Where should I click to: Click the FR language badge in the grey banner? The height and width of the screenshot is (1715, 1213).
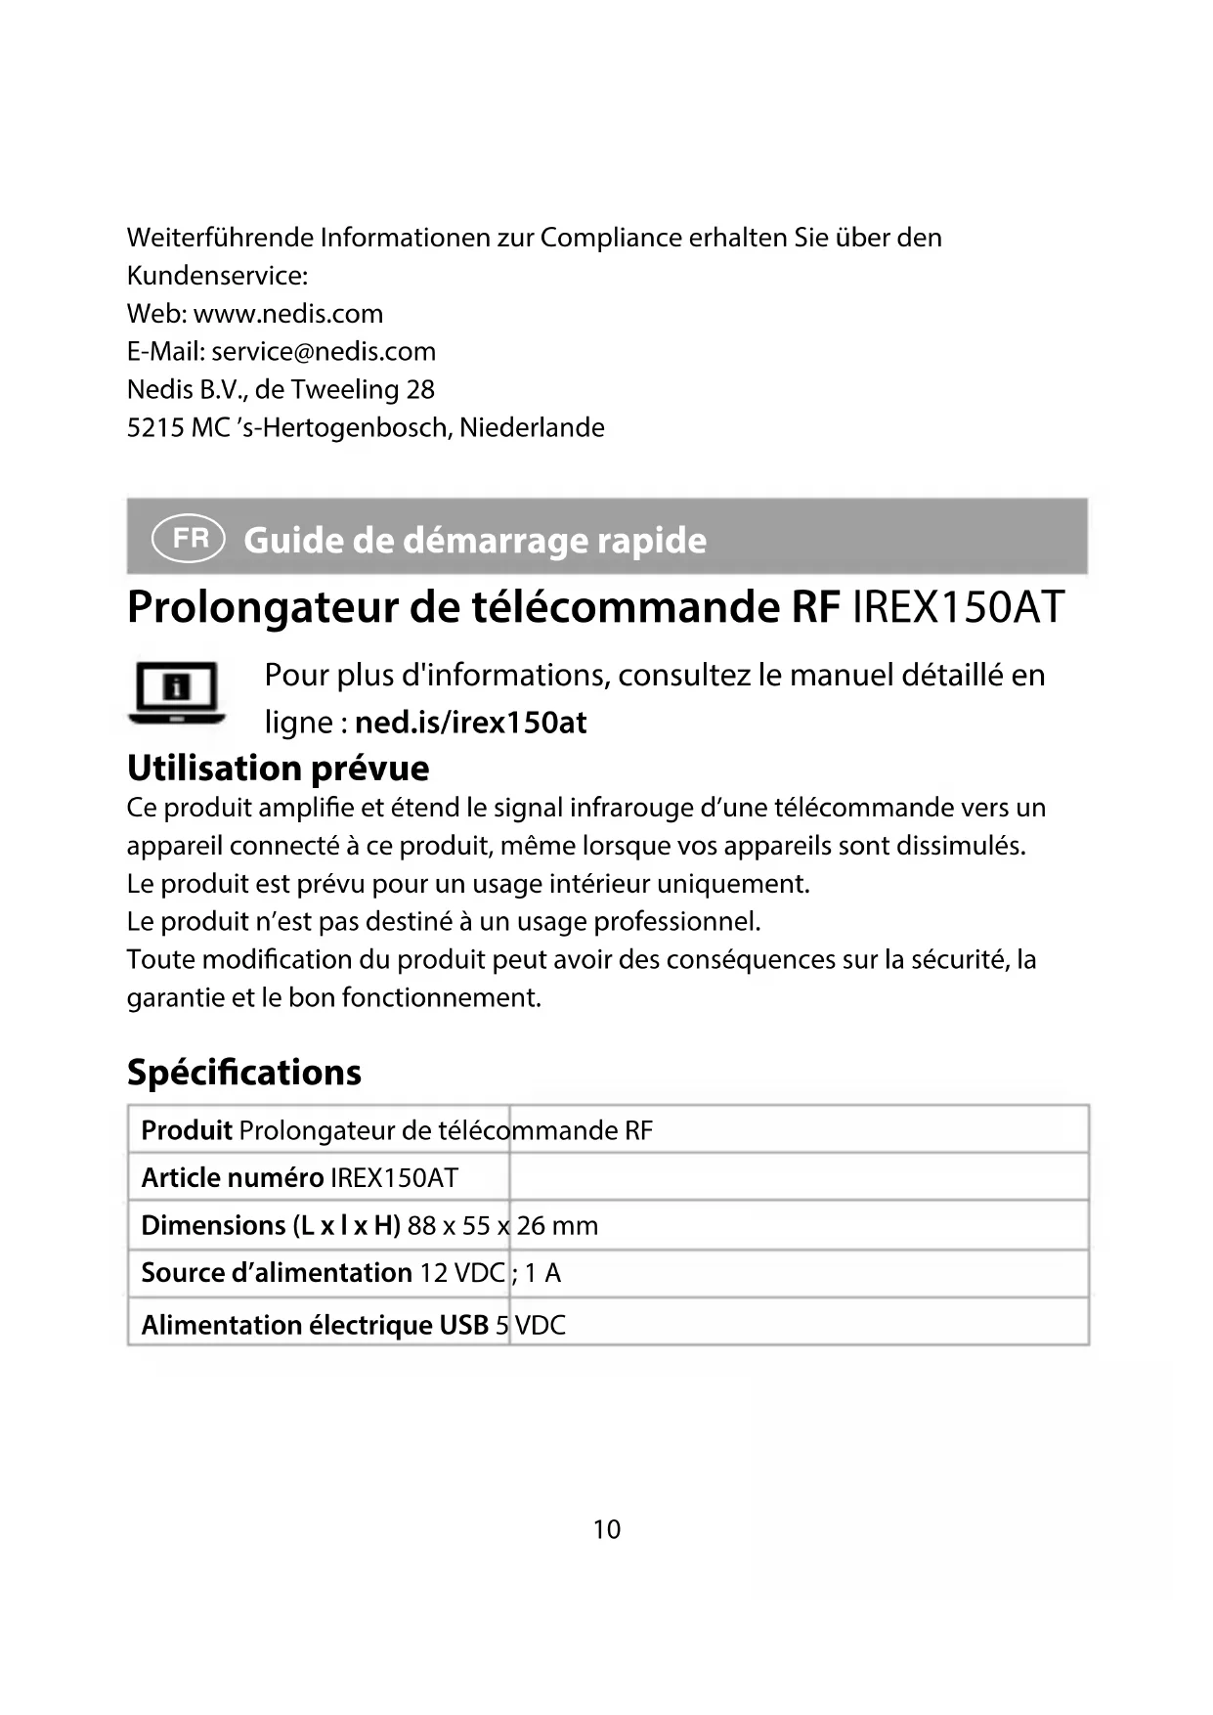tap(189, 539)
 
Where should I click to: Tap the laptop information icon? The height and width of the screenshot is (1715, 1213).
tap(176, 692)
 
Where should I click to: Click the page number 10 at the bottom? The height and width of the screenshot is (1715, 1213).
tap(606, 1529)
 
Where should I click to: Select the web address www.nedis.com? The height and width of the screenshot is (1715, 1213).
tap(288, 314)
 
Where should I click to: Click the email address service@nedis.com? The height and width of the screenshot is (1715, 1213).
tap(324, 352)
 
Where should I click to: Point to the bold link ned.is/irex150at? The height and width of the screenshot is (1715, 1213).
tap(470, 723)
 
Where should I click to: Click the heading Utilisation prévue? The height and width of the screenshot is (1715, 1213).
tap(278, 769)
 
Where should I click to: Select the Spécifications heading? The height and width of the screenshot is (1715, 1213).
tap(244, 1073)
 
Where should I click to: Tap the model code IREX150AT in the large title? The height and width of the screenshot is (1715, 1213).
tap(958, 607)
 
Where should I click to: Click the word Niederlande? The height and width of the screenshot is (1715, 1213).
tap(532, 428)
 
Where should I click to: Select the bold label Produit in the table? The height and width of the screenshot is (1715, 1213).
tap(187, 1130)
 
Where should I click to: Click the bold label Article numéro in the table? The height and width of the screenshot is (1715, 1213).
tap(232, 1178)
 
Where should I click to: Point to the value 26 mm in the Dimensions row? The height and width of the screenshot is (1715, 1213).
tap(557, 1226)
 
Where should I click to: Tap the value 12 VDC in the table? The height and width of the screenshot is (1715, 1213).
tap(462, 1273)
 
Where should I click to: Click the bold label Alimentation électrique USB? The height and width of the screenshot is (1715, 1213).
tap(315, 1325)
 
